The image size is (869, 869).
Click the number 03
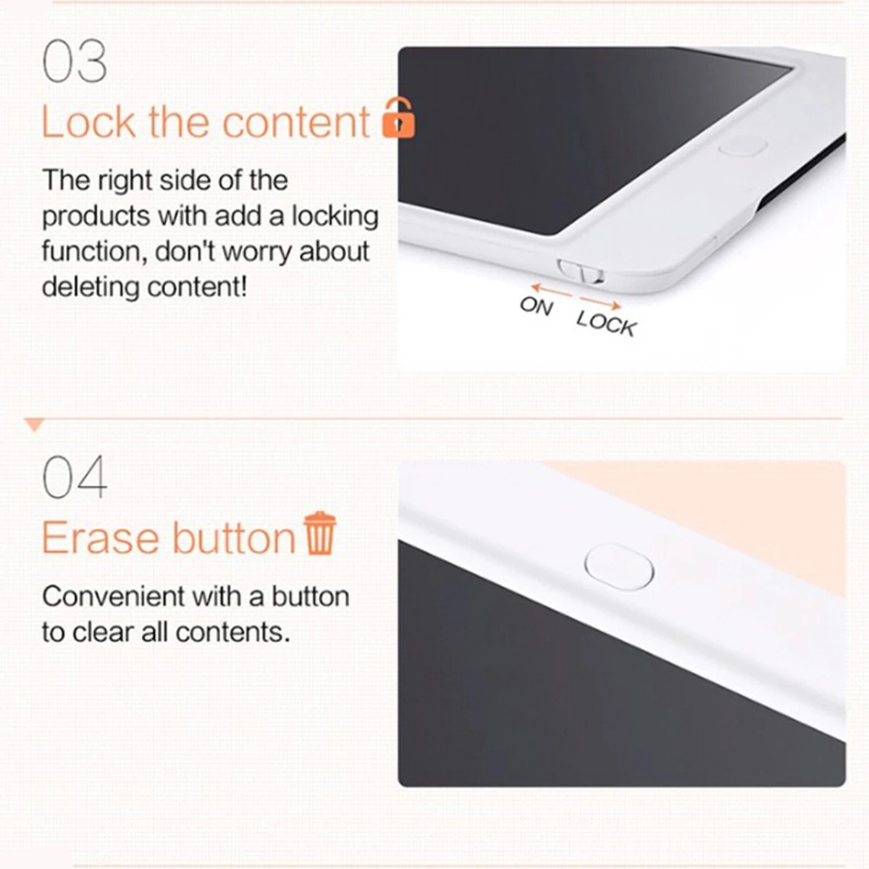pos(75,61)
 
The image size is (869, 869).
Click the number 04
pos(75,477)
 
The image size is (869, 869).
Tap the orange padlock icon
pos(398,118)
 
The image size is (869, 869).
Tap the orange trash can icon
pos(320,533)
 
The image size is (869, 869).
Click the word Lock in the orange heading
pos(88,122)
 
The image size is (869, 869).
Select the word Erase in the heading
pos(101,539)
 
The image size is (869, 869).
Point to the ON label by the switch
pos(537,306)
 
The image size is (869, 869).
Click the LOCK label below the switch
pos(607,323)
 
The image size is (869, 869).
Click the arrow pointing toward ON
pos(552,291)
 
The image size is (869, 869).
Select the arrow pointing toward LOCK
pos(600,303)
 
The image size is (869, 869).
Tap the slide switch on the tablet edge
pos(581,272)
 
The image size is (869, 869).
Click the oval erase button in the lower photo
pos(618,567)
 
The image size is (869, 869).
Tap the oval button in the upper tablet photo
pos(743,147)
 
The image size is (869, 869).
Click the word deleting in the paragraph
pos(91,287)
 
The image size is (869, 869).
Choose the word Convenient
pos(114,597)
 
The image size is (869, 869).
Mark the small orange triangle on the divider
pos(34,424)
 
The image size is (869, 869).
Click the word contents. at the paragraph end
pos(232,633)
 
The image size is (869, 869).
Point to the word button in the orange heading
pos(234,537)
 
